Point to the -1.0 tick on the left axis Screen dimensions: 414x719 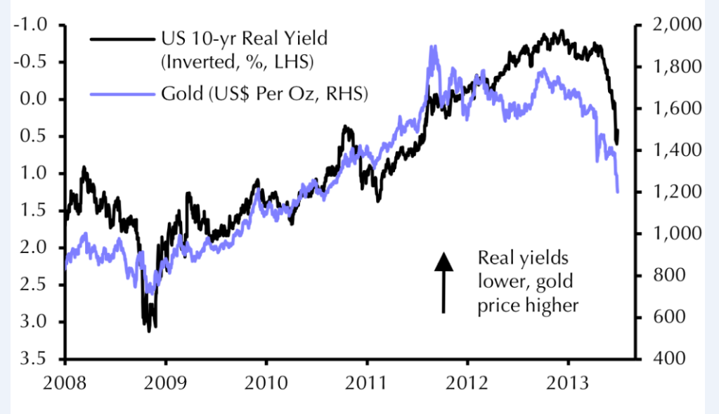click(33, 25)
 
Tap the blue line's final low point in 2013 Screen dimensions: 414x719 click(618, 190)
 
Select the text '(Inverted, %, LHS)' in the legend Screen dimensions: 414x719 click(237, 63)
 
